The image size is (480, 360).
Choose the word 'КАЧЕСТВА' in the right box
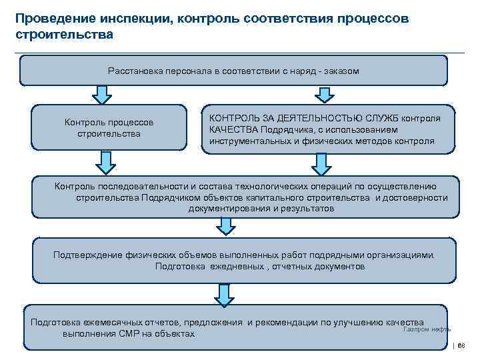233,129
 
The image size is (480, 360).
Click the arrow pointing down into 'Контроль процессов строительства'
101,95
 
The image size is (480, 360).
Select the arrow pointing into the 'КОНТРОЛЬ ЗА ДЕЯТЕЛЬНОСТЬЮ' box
323,95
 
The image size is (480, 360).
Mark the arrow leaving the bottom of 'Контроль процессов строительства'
105,161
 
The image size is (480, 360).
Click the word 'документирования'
229,209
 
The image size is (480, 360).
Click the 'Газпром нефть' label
427,329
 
